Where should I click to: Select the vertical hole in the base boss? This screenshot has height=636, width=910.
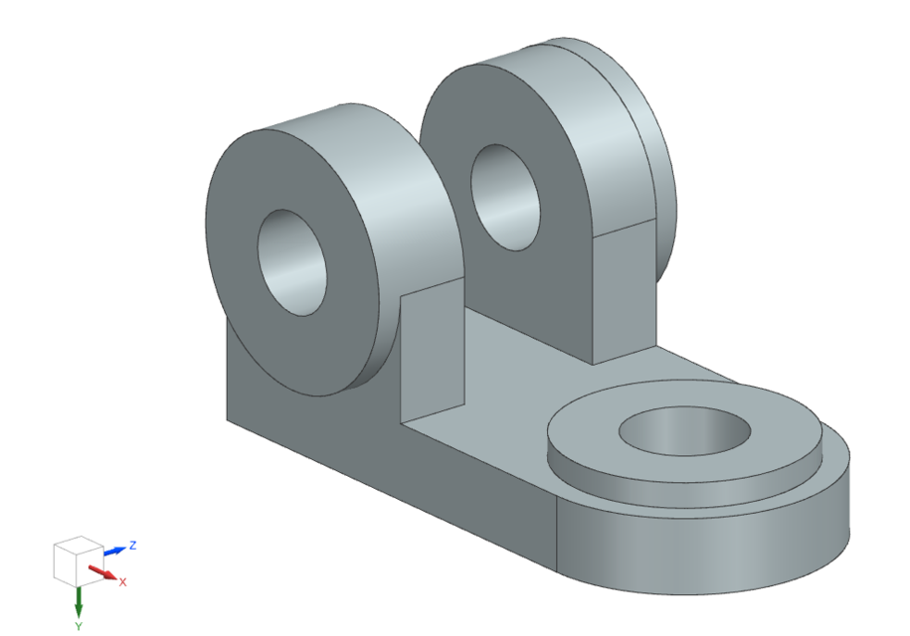[686, 433]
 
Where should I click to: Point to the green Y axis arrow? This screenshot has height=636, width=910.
[79, 601]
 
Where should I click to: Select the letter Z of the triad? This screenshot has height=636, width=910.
[132, 545]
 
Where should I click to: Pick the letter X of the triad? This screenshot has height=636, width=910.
[122, 581]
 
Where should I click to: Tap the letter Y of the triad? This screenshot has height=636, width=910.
[79, 626]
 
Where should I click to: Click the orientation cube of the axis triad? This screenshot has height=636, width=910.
[76, 562]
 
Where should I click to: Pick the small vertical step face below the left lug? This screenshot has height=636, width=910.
[433, 348]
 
